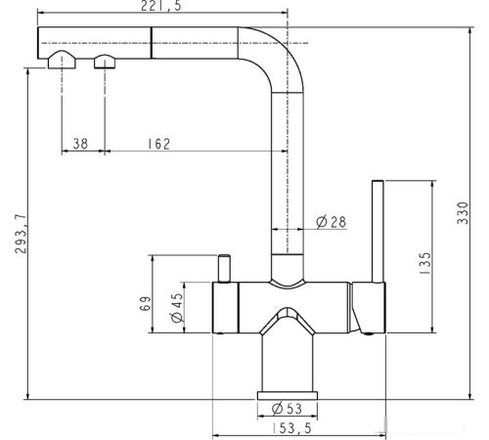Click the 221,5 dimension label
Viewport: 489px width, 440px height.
(161, 6)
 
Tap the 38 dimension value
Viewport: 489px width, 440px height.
(80, 144)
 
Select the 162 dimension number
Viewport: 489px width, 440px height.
(159, 144)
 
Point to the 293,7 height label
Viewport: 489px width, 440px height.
(22, 234)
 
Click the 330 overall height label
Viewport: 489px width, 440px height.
(463, 213)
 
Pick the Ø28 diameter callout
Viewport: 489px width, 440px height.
(332, 222)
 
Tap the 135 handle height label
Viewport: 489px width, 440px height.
(425, 263)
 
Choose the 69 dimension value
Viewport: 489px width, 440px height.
(146, 303)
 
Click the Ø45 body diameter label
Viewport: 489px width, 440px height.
(177, 308)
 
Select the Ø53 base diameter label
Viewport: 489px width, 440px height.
(287, 409)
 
